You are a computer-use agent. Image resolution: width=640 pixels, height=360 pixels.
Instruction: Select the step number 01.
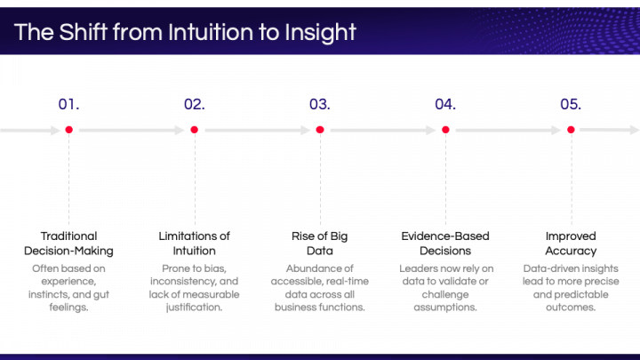point(68,104)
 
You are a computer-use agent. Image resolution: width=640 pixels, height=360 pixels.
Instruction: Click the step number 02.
point(194,104)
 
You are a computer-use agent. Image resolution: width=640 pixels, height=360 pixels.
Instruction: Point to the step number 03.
point(320,104)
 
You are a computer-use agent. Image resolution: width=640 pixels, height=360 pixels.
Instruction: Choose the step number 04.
point(445,104)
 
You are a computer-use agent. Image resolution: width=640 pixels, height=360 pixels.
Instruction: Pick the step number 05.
point(571,104)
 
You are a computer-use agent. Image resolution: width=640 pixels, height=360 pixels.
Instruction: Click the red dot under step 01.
point(68,130)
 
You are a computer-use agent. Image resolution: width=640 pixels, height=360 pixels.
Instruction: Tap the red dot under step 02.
point(194,130)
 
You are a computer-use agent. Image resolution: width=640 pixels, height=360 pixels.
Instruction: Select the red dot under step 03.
point(320,130)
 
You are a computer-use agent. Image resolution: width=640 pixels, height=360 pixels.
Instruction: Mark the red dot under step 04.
point(445,130)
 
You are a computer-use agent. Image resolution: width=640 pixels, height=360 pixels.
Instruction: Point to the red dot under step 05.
point(571,130)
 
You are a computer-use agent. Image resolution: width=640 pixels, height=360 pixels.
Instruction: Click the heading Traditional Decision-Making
point(68,244)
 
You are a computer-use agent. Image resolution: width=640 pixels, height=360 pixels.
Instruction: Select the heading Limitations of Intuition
point(194,244)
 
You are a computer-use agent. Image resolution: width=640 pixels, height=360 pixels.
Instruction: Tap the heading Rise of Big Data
point(320,244)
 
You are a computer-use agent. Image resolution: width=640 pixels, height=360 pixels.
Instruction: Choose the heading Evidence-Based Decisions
point(445,244)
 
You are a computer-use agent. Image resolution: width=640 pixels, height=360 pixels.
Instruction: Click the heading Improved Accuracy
point(571,244)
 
